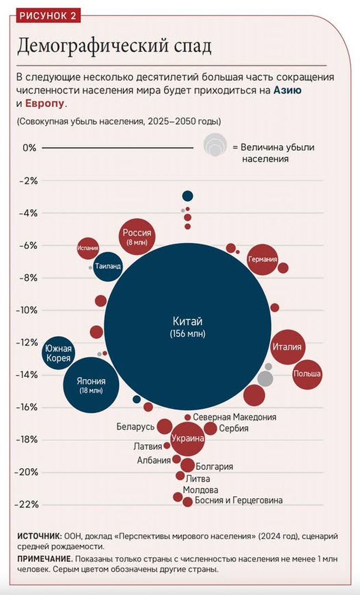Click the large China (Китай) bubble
[x=188, y=326]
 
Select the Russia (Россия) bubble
[x=136, y=237]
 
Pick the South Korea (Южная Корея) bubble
[x=58, y=353]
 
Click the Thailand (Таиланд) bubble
[x=107, y=266]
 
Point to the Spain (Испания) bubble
[x=88, y=248]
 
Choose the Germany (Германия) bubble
[x=263, y=259]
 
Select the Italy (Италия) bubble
[x=287, y=347]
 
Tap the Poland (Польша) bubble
[x=307, y=374]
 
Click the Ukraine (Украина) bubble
[x=188, y=438]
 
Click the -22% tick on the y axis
[x=28, y=504]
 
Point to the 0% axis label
[x=29, y=148]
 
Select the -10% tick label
[x=28, y=310]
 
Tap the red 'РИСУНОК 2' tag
[x=48, y=16]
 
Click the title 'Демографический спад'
[x=114, y=47]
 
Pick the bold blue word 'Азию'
[x=288, y=90]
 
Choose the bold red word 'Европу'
[x=45, y=104]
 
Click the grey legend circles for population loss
[x=215, y=145]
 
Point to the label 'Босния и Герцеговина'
[x=239, y=501]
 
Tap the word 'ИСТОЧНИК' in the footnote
[x=39, y=536]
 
